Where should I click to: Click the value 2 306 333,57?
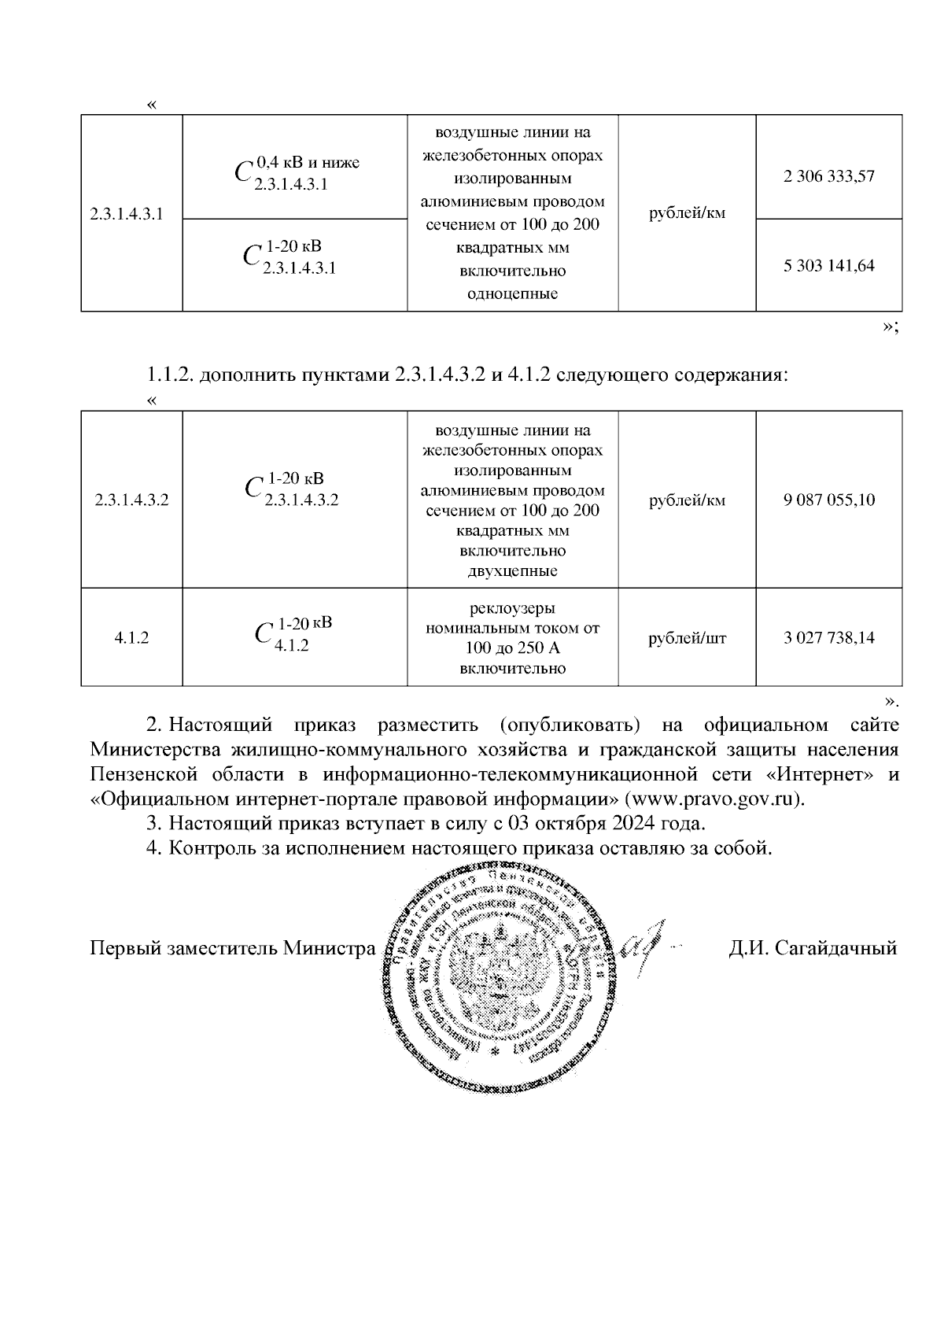828,176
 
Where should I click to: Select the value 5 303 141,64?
828,265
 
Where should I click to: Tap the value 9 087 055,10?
828,500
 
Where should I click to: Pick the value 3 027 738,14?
828,637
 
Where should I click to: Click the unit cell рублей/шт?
687,637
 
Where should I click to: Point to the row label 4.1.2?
131,637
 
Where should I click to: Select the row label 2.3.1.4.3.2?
131,500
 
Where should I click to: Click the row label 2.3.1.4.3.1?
127,213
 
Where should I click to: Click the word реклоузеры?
512,608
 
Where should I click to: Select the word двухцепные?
512,571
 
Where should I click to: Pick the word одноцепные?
512,294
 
